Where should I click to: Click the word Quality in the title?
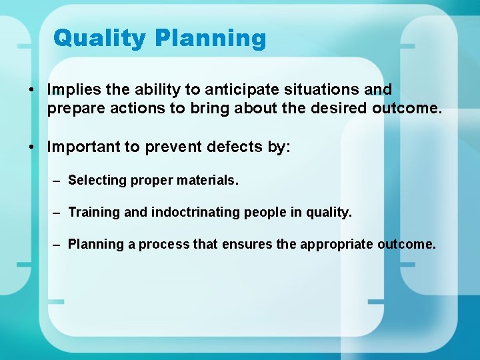click(x=101, y=38)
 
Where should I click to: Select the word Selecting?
click(x=97, y=180)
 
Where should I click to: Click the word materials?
click(x=207, y=180)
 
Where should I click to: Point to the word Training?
click(x=94, y=212)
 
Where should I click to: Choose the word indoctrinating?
click(x=197, y=212)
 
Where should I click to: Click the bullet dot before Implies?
click(x=31, y=89)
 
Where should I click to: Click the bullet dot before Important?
click(x=31, y=147)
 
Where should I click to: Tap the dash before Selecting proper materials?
click(x=57, y=180)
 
